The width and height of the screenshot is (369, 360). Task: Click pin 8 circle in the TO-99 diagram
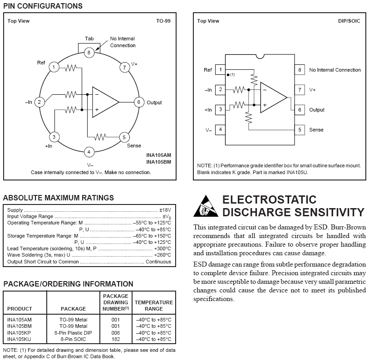89,53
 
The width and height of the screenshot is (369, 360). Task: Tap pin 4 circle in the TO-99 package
89,152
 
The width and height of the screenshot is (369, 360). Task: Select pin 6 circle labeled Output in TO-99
139,102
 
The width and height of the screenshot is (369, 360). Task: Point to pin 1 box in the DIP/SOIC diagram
221,70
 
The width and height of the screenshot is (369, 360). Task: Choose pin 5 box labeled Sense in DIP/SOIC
300,130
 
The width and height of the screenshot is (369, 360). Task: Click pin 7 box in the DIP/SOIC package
300,90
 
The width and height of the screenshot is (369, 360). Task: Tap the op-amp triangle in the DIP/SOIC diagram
273,98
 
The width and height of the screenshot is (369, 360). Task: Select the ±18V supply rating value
165,210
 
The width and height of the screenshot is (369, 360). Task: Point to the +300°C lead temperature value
162,248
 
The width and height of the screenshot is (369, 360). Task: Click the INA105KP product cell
20,332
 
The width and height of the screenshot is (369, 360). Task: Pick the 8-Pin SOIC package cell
73,339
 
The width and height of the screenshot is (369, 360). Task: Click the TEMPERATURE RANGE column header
153,305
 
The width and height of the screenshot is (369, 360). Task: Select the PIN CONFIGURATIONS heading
43,6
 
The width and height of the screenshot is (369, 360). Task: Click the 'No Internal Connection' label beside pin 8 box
335,70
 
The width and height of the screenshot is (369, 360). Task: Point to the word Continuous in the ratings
158,262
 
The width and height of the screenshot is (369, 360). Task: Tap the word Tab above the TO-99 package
89,39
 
